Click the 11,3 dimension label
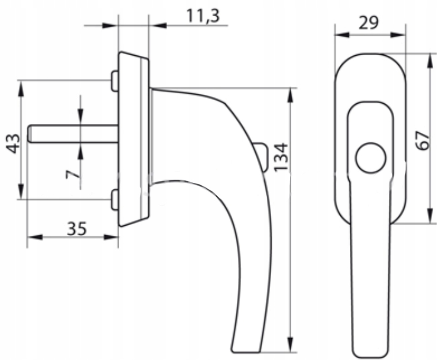203,16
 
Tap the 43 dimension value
13,143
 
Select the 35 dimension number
77,229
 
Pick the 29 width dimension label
369,23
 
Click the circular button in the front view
371,158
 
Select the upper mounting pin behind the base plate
115,81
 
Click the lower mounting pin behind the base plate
115,200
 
